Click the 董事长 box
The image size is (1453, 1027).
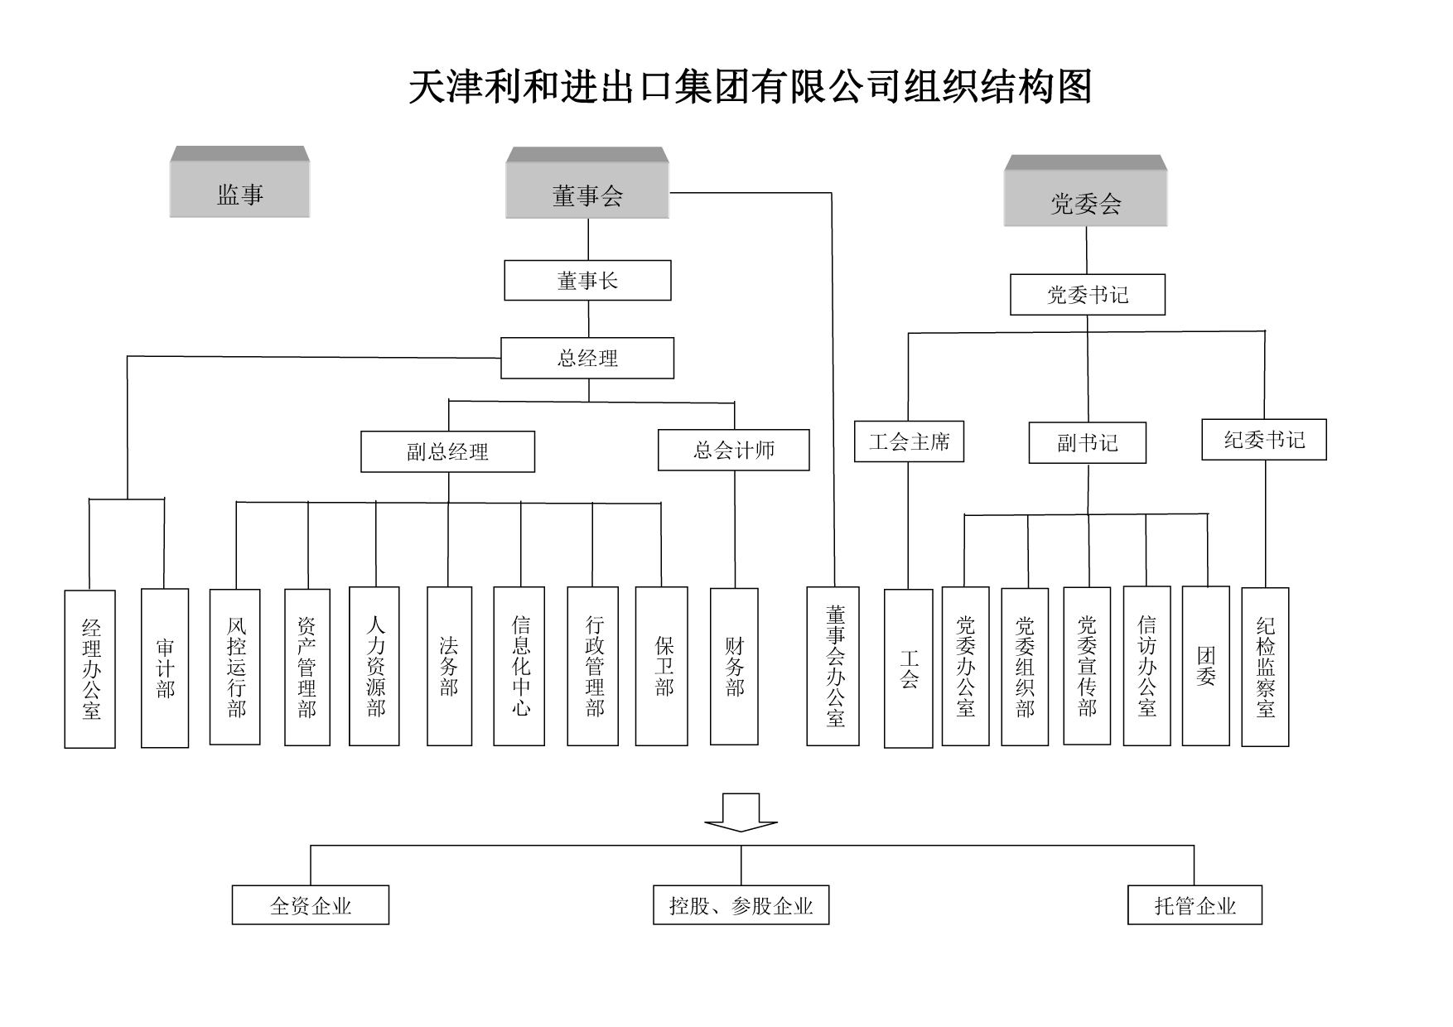point(587,281)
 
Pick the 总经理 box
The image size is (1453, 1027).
point(587,358)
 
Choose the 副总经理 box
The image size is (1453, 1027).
point(447,451)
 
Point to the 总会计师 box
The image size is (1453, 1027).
point(733,450)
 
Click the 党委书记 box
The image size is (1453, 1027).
point(1087,295)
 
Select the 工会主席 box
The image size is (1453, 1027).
point(909,441)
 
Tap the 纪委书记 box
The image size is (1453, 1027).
point(1263,440)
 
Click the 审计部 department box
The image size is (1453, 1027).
point(165,668)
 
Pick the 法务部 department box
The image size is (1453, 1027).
point(449,666)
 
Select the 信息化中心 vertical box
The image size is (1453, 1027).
point(519,666)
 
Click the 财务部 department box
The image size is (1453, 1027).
point(734,666)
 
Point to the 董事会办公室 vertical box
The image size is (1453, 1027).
point(833,666)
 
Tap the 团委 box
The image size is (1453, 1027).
point(1205,666)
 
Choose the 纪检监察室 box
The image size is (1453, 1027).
point(1265,667)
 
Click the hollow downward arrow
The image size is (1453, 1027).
point(741,812)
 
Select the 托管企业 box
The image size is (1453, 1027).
point(1195,905)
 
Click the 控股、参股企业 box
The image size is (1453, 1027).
point(741,905)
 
